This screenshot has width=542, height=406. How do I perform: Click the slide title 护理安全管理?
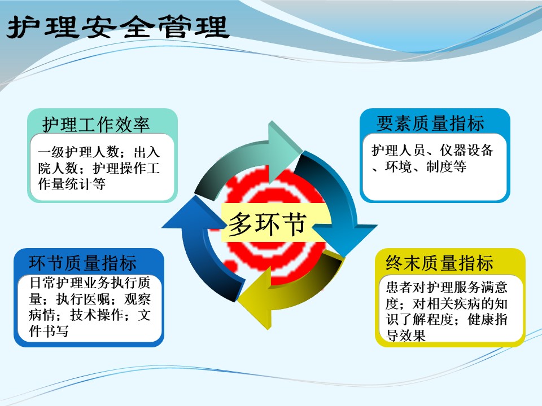tap(118, 27)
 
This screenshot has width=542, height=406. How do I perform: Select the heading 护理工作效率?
tap(96, 124)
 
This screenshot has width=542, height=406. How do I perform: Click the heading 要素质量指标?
tap(430, 123)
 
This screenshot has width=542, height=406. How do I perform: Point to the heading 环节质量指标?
tap(82, 263)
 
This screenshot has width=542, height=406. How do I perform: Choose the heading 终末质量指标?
tap(439, 263)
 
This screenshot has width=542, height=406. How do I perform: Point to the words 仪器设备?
tap(466, 150)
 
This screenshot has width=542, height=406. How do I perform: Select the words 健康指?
tap(487, 319)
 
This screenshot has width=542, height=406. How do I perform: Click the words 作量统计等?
tap(72, 184)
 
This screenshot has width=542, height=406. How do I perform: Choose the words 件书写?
tap(49, 331)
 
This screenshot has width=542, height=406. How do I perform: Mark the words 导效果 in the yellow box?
tap(405, 335)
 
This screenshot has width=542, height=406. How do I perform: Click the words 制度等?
tap(446, 167)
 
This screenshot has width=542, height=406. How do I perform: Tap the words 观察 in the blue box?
tap(137, 299)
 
